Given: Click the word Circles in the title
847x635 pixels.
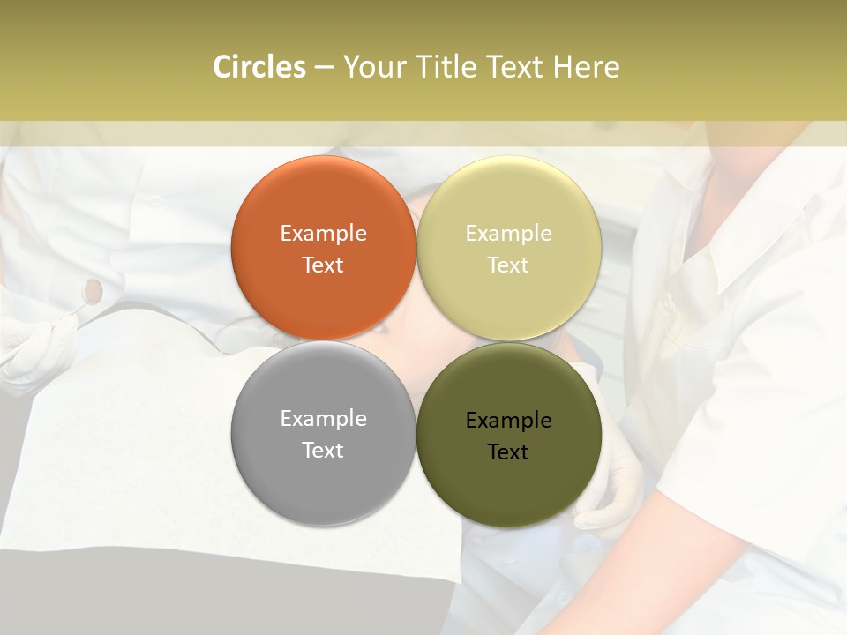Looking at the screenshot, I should [x=259, y=67].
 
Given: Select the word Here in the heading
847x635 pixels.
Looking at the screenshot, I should [x=586, y=67].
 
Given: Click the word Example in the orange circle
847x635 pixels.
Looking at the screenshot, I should [x=323, y=233].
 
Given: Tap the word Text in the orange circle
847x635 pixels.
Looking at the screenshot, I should [x=323, y=265].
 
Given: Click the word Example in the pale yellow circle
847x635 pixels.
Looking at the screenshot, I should [x=508, y=233].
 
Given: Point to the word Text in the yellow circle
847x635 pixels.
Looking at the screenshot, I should [x=508, y=265].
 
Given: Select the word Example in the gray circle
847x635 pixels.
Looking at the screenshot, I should [x=323, y=418].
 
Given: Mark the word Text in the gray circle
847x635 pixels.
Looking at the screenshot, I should [x=323, y=450].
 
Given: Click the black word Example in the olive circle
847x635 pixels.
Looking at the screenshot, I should [x=508, y=420].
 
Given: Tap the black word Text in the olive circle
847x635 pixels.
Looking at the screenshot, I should [x=508, y=452].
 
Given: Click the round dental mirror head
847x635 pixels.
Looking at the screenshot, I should [x=93, y=288].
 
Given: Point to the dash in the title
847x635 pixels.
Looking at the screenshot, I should [x=324, y=67].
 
